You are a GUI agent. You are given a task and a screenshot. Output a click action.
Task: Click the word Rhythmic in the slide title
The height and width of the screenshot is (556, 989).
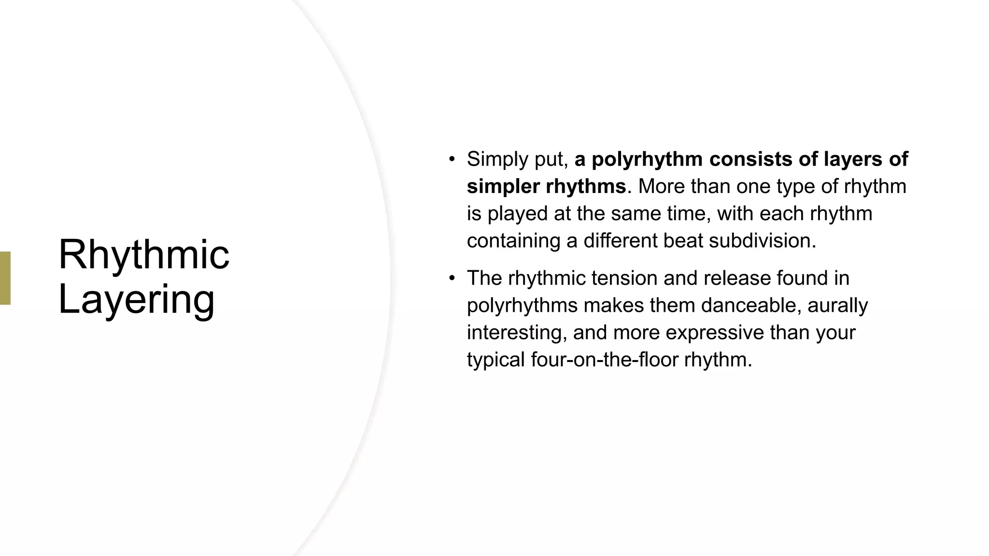[x=143, y=255]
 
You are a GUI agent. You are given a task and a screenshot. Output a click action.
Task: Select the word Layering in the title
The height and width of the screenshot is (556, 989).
[x=136, y=300]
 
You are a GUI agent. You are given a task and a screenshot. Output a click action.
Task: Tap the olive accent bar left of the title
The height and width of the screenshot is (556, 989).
[x=5, y=278]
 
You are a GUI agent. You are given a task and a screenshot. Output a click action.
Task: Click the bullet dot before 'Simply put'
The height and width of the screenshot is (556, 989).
[x=452, y=159]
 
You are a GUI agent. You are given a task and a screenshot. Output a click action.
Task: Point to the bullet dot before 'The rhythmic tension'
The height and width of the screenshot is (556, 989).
[x=452, y=278]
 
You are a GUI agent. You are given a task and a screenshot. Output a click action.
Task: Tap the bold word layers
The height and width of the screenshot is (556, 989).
[x=853, y=159]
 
